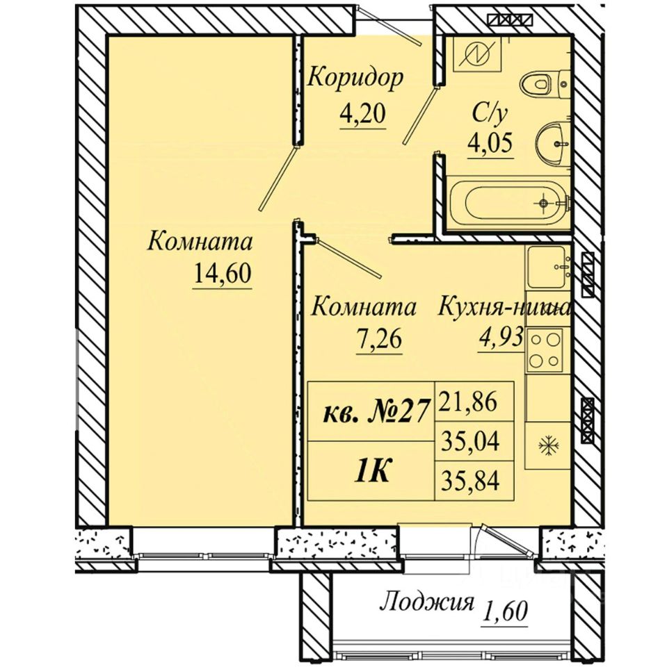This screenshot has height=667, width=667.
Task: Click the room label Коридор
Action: pyautogui.click(x=355, y=79)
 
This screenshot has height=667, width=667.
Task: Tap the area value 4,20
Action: pyautogui.click(x=362, y=113)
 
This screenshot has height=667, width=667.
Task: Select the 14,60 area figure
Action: pyautogui.click(x=223, y=273)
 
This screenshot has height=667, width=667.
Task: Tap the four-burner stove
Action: pyautogui.click(x=545, y=350)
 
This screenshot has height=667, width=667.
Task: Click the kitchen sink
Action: pyautogui.click(x=548, y=267)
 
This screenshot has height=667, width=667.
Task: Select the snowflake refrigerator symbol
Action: pyautogui.click(x=547, y=446)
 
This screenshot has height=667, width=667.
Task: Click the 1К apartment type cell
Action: pyautogui.click(x=371, y=471)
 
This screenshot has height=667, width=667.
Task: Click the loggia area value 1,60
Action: pyautogui.click(x=506, y=611)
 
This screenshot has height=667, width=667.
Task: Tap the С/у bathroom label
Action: pyautogui.click(x=490, y=115)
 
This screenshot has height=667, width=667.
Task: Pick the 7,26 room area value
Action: pyautogui.click(x=379, y=340)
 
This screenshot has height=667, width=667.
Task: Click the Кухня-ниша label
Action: pyautogui.click(x=504, y=307)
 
